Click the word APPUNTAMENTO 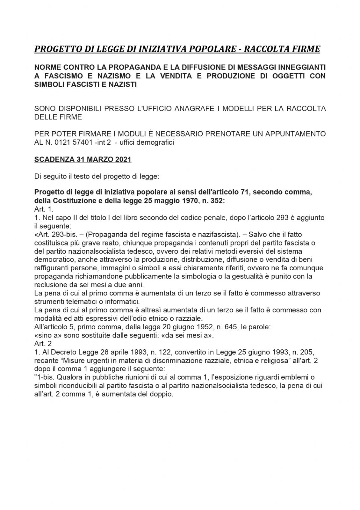pyautogui.click(x=292, y=134)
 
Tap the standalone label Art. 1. pyautogui.click(x=44, y=209)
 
